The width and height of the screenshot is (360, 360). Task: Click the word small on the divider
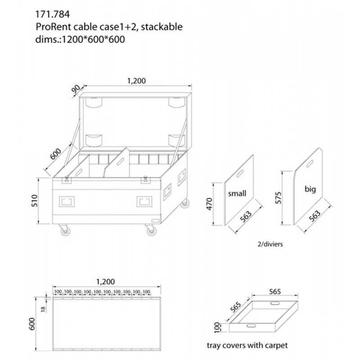[x=237, y=193]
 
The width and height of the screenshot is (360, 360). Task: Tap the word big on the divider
[x=310, y=189]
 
